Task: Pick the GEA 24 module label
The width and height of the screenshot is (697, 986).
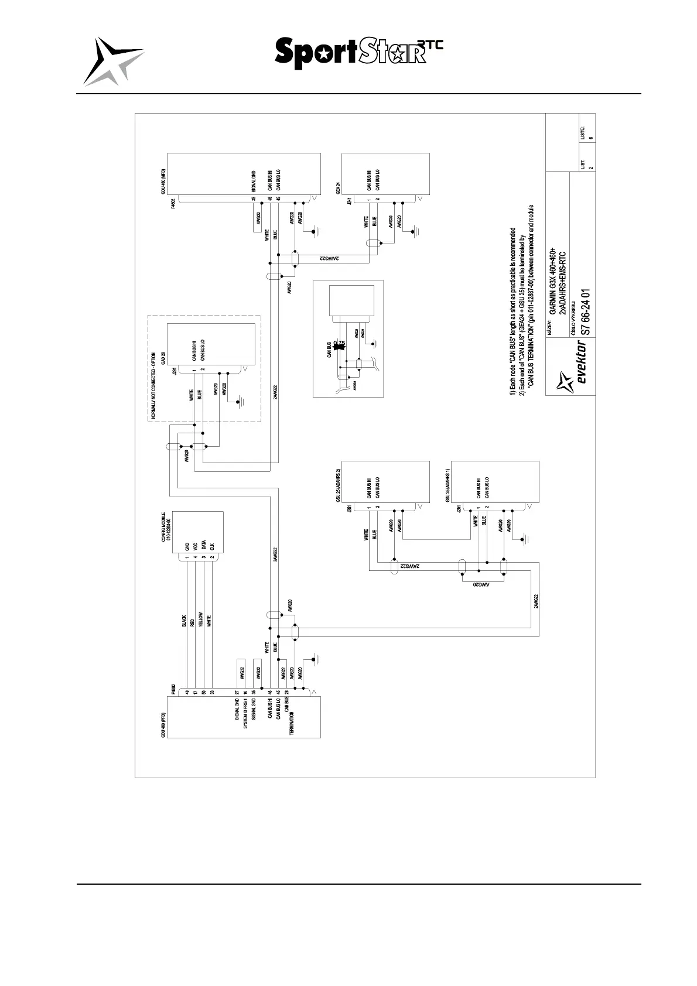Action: point(338,187)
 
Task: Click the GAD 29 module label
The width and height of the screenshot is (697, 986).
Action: point(163,357)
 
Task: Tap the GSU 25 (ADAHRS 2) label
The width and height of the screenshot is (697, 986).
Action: point(338,485)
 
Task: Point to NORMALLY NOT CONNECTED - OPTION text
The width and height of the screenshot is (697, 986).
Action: point(153,385)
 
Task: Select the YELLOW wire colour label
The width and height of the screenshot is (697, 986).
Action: point(201,620)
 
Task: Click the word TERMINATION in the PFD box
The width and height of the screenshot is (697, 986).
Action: point(292,724)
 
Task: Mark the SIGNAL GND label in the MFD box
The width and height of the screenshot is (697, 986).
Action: point(254,182)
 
